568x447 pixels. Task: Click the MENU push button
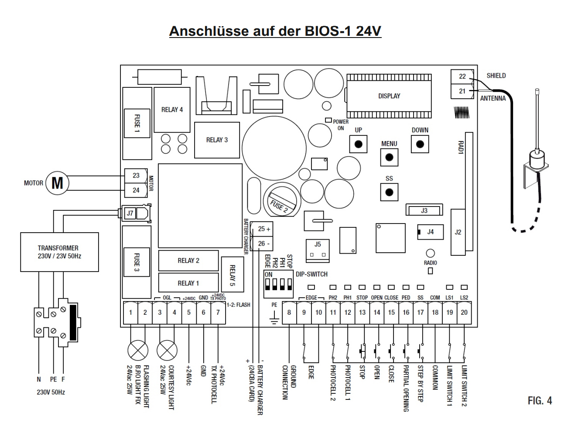pos(389,158)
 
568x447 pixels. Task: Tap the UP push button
pos(358,144)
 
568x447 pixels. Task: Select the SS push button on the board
pos(389,192)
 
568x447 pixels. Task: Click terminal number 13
pos(362,313)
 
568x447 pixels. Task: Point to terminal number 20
pos(464,313)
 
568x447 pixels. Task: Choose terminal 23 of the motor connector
pos(136,175)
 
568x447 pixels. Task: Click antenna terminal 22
pos(462,77)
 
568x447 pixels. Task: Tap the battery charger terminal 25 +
pos(262,229)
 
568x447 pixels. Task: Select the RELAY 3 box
pos(217,140)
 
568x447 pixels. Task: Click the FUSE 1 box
pos(137,123)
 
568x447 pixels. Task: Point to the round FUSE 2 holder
pos(282,200)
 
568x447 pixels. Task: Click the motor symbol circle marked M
pos(57,183)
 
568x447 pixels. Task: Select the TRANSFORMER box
pos(60,252)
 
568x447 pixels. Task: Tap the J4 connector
pos(430,232)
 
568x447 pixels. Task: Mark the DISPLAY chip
pos(389,96)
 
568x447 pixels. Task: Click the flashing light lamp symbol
pos(138,351)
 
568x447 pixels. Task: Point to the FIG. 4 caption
pos(540,401)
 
